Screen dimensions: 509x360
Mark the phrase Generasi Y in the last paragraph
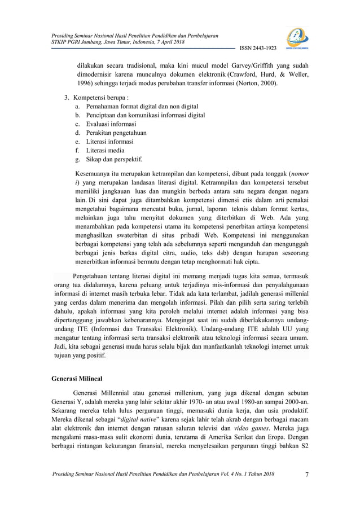click(63, 401)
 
